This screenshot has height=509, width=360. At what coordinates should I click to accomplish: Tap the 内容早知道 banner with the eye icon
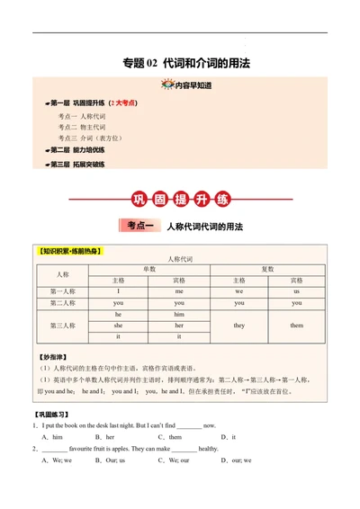(185, 85)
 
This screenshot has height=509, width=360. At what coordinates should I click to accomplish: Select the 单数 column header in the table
(148, 269)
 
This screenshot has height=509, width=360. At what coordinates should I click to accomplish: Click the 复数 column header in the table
(267, 269)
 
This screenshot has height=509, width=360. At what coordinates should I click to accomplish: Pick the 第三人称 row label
(62, 325)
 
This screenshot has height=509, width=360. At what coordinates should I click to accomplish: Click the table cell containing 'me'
(179, 291)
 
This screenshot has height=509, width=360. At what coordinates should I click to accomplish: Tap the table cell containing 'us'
(296, 291)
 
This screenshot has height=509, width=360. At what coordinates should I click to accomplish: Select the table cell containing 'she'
(119, 325)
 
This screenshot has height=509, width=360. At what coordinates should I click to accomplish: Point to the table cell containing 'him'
(179, 314)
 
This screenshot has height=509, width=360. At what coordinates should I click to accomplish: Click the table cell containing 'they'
(238, 325)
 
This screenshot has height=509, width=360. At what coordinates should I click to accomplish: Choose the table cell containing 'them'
(296, 325)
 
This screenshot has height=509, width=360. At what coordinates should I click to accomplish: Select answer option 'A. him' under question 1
(51, 436)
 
